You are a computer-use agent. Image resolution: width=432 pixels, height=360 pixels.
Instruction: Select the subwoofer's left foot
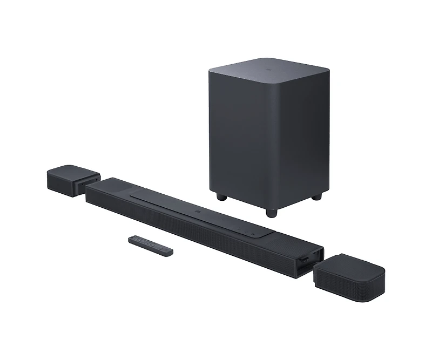tap(221, 196)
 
